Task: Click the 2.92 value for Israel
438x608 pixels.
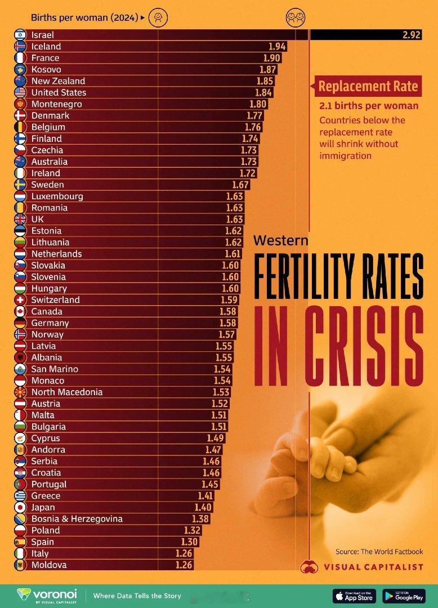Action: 412,35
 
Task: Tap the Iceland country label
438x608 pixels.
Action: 46,46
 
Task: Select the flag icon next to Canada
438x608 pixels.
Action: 20,311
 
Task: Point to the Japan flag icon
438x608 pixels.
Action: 20,507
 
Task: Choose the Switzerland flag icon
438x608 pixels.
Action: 20,300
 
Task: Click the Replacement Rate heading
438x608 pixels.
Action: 368,86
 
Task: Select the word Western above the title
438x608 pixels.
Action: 281,240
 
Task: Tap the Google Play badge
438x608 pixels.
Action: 404,596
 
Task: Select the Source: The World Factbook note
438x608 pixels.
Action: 379,552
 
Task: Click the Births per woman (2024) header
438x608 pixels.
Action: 85,18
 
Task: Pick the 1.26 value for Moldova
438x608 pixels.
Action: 184,565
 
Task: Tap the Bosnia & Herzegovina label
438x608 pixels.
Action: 77,518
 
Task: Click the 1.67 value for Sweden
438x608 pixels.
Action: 240,185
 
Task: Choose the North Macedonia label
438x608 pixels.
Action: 67,392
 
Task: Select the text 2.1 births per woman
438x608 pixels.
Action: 369,106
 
